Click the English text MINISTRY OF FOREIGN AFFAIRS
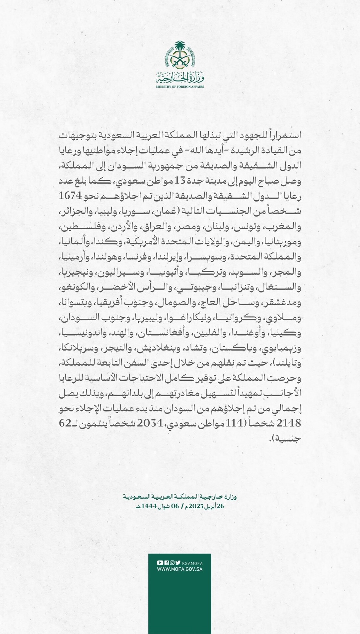[180, 87]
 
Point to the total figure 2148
[289, 423]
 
